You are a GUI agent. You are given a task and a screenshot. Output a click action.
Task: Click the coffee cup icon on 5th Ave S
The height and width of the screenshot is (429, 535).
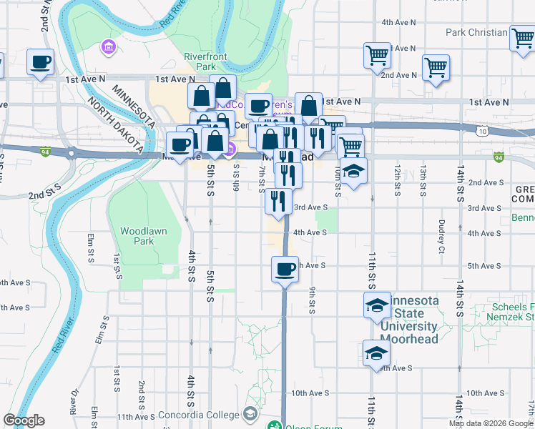tap(285, 270)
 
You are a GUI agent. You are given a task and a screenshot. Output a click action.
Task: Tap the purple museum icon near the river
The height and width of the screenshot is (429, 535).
tap(109, 48)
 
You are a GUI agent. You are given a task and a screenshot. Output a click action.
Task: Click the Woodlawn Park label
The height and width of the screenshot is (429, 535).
tap(137, 236)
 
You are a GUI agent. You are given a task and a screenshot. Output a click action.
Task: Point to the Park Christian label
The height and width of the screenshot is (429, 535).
tap(476, 32)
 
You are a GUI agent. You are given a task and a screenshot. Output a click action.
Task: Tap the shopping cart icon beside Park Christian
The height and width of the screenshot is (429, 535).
tap(522, 37)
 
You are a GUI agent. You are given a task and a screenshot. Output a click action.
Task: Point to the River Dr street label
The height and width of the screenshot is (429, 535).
tap(74, 402)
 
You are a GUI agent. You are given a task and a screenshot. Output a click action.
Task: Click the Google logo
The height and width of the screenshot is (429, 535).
tap(24, 420)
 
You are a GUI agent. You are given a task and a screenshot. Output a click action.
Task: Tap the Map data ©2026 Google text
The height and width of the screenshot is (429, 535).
tap(489, 423)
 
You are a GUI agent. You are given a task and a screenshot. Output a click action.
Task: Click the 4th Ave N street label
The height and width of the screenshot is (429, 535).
tap(399, 22)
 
